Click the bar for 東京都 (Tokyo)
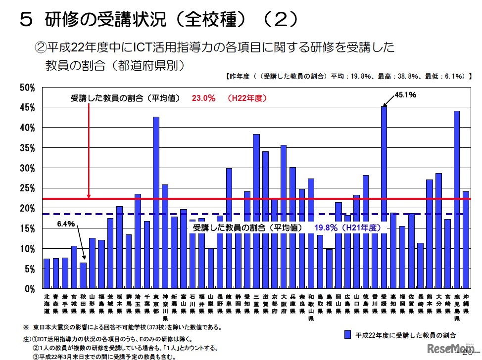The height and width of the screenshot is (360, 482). pyautogui.click(x=156, y=203)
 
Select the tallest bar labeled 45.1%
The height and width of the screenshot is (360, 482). pyautogui.click(x=384, y=198)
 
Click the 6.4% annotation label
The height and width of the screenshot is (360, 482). pyautogui.click(x=65, y=224)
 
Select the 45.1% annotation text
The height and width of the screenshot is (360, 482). pyautogui.click(x=405, y=94)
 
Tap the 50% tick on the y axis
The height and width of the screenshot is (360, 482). pyautogui.click(x=27, y=88)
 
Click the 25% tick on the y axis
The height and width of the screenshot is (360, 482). pyautogui.click(x=27, y=188)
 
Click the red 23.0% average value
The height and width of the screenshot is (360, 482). pyautogui.click(x=203, y=98)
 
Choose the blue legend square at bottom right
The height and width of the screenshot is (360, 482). pyautogui.click(x=348, y=335)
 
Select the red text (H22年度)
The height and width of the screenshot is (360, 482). pyautogui.click(x=246, y=98)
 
